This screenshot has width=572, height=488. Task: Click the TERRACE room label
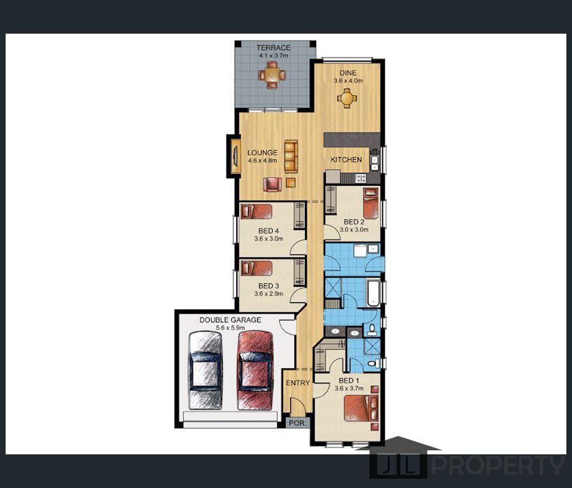pyautogui.click(x=273, y=48)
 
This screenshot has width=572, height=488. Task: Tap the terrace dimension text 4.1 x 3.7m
pyautogui.click(x=273, y=55)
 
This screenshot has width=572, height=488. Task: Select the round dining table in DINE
pyautogui.click(x=347, y=98)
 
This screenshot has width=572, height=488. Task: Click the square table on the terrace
pyautogui.click(x=272, y=75)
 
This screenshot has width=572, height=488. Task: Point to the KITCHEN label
pyautogui.click(x=346, y=159)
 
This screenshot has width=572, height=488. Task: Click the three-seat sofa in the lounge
pyautogui.click(x=291, y=156)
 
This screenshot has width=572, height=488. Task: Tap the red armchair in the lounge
pyautogui.click(x=273, y=184)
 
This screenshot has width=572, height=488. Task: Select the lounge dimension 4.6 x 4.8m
pyautogui.click(x=262, y=161)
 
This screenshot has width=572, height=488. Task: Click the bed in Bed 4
pyautogui.click(x=257, y=211)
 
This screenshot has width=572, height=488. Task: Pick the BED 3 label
pyautogui.click(x=268, y=286)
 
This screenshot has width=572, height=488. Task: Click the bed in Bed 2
pyautogui.click(x=371, y=203)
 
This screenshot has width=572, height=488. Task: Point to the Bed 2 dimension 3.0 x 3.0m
pyautogui.click(x=354, y=229)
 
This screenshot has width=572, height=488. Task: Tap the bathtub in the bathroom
pyautogui.click(x=374, y=293)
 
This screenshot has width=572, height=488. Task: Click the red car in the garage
pyautogui.click(x=255, y=370)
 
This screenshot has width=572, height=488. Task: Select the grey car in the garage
pyautogui.click(x=205, y=370)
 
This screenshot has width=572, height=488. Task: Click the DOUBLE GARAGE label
pyautogui.click(x=230, y=320)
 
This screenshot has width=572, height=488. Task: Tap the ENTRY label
pyautogui.click(x=298, y=383)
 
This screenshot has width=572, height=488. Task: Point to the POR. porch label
pyautogui.click(x=297, y=423)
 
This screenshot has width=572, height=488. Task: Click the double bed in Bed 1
pyautogui.click(x=361, y=408)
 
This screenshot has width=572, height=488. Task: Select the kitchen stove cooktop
pyautogui.click(x=360, y=178)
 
